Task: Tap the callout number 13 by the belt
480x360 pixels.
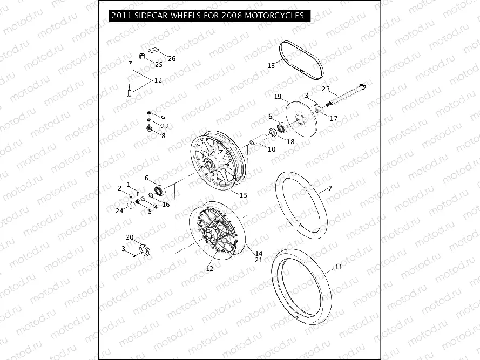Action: [271, 66]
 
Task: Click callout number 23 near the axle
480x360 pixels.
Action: [326, 89]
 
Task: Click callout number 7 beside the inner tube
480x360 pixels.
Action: [330, 188]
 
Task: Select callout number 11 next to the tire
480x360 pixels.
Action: [339, 267]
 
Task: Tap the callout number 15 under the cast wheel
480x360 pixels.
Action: [244, 194]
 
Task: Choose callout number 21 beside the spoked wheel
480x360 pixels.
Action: [259, 260]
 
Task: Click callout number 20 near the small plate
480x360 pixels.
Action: [130, 237]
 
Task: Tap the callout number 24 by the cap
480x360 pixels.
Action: [119, 211]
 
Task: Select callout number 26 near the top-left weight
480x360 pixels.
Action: [172, 58]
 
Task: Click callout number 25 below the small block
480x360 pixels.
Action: [159, 65]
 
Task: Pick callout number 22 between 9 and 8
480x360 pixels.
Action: [165, 126]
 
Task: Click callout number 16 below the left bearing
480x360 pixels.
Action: [166, 205]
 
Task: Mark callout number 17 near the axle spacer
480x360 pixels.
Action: [333, 118]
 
